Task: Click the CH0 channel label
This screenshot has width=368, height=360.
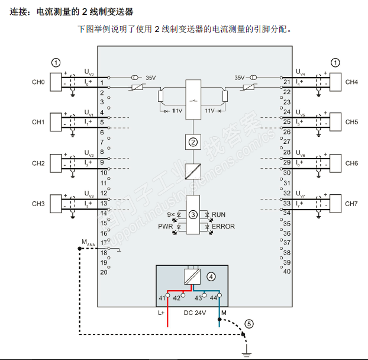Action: click(x=38, y=82)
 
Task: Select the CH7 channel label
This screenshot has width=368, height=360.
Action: click(x=351, y=204)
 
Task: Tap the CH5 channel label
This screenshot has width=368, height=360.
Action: click(x=351, y=122)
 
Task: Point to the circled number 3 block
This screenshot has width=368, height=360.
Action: click(x=193, y=213)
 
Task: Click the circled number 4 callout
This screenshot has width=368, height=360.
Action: click(x=211, y=275)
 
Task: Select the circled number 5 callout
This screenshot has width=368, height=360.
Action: click(x=249, y=323)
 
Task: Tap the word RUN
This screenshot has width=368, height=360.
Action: click(x=218, y=214)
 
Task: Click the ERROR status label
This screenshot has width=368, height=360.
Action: click(x=223, y=226)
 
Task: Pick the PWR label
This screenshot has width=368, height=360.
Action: click(x=165, y=226)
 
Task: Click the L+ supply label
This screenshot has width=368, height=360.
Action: click(x=162, y=313)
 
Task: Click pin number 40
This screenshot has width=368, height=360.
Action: click(x=287, y=272)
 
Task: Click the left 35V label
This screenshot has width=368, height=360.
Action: click(x=151, y=78)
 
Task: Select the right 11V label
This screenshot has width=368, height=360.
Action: click(x=209, y=111)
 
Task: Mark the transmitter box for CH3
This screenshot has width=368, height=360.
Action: click(x=57, y=203)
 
